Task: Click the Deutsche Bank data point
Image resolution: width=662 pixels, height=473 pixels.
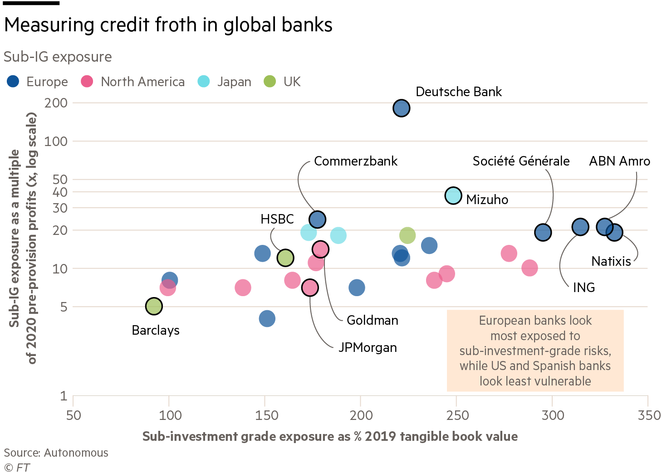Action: coord(402,108)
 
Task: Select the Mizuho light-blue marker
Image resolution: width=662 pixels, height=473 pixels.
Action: coord(453,195)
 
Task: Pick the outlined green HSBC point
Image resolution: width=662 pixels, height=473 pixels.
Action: coord(285,258)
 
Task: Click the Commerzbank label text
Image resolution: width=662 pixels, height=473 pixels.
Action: coord(355,161)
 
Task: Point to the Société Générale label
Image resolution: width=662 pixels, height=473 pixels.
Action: coord(521,161)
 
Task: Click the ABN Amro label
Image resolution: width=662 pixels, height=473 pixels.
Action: coord(619,161)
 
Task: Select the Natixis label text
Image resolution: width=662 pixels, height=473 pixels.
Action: coord(611,262)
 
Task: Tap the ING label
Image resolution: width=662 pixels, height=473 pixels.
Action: coord(584,288)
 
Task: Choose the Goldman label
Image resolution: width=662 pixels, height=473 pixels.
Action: coord(372,321)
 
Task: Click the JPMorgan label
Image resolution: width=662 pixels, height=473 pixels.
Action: coord(368,348)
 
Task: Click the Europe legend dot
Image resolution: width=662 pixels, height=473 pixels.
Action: coord(13,82)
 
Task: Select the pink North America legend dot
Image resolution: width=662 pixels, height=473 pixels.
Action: coord(87,82)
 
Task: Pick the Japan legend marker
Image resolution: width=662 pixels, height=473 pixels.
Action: coord(204,82)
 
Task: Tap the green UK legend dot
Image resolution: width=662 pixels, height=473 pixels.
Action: coord(270,82)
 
